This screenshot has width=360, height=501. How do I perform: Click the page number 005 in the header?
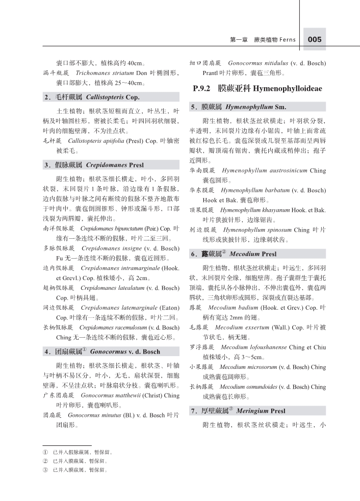[x=314, y=40]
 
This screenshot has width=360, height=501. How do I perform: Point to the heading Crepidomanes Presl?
[x=115, y=165]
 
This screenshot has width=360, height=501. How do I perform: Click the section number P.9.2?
[x=203, y=89]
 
